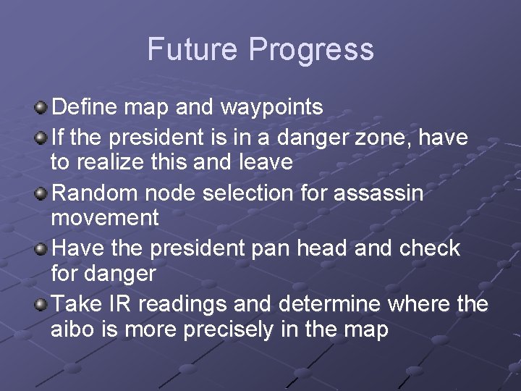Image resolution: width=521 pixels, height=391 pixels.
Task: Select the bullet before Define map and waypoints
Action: (43, 108)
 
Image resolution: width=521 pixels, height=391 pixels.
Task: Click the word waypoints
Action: (271, 108)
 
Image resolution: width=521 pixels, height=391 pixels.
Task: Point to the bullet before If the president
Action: (43, 136)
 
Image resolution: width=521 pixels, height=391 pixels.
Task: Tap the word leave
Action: (265, 162)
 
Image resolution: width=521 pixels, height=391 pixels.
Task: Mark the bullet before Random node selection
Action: (43, 193)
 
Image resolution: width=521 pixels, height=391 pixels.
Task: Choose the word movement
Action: (104, 218)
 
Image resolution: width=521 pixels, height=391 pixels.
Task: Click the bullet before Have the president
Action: (43, 248)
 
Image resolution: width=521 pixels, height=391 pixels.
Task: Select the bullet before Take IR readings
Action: (43, 304)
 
